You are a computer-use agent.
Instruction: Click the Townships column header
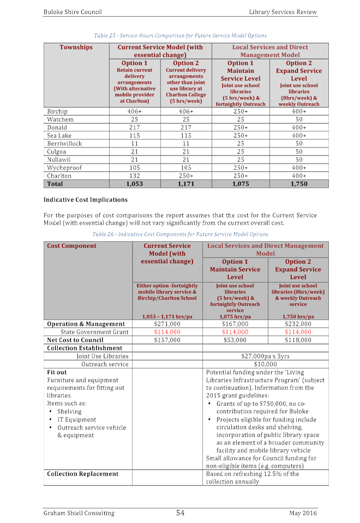[76, 47]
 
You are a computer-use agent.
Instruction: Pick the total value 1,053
[134, 184]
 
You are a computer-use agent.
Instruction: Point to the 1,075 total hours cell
[241, 184]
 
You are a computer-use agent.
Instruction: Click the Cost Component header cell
[72, 246]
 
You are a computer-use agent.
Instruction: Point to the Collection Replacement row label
[82, 474]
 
